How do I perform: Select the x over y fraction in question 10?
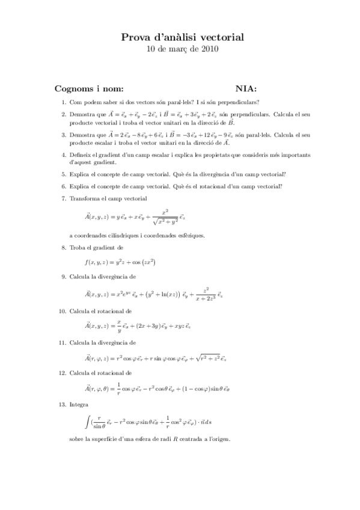click(120, 325)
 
